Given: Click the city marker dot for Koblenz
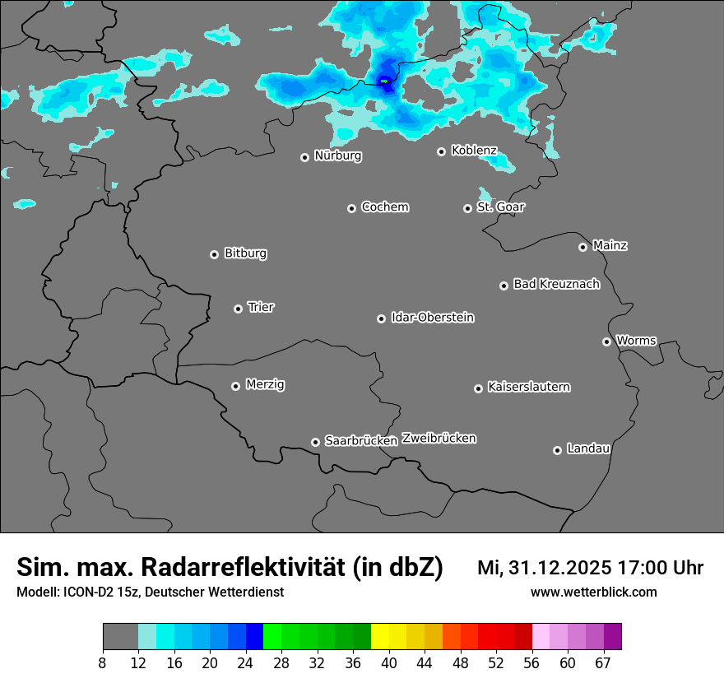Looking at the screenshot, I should click(x=441, y=151).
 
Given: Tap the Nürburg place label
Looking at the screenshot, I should click(x=337, y=156).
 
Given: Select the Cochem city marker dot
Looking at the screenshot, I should click(x=351, y=208).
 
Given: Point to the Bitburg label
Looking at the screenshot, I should click(x=245, y=253).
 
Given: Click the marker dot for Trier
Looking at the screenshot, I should click(x=238, y=309).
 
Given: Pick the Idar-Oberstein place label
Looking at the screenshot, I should click(x=432, y=318).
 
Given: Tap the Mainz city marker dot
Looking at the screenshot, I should click(x=582, y=247).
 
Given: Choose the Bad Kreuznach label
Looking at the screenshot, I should click(x=556, y=284).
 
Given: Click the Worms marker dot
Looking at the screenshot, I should click(x=606, y=341).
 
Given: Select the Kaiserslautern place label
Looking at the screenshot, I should click(x=528, y=387).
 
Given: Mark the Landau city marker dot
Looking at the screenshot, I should click(x=557, y=450).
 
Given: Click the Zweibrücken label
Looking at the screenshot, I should click(x=439, y=439).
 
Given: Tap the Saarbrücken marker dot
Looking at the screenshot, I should click(x=315, y=442).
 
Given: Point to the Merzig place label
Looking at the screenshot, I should click(x=265, y=384).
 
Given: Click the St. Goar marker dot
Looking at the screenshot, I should click(x=467, y=208).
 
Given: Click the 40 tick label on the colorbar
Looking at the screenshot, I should click(x=389, y=662).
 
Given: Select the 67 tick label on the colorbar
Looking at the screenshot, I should click(x=604, y=662).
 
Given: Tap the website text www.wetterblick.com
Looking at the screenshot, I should click(x=593, y=592).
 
